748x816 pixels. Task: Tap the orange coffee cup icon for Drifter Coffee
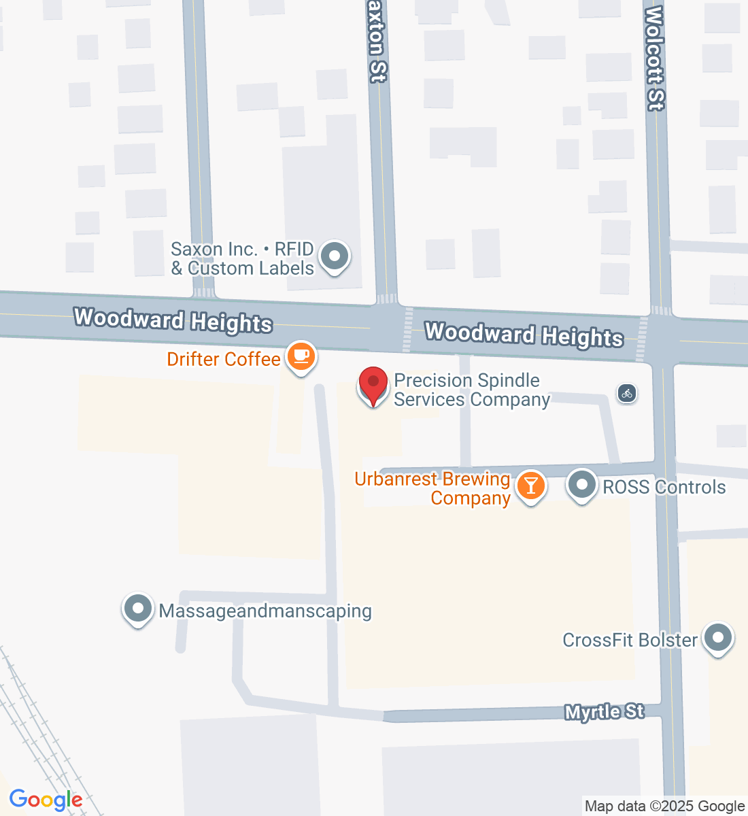301,356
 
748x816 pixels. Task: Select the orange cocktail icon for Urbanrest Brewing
531,486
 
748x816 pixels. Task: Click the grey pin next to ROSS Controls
581,486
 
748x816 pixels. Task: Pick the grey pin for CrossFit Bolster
717,639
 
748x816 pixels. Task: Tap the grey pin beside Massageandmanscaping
138,609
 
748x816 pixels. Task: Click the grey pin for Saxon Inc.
334,257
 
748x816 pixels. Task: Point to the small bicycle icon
627,393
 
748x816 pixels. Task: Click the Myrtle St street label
605,712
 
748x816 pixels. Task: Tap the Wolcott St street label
654,58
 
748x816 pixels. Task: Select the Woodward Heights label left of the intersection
173,320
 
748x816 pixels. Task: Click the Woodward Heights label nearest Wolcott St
524,335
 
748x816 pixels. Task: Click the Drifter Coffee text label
224,359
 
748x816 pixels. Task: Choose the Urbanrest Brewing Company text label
433,488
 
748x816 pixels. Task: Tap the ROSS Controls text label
664,487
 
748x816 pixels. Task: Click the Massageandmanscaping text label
265,611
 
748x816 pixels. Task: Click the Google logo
46,800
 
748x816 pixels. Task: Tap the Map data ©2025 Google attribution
664,806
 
